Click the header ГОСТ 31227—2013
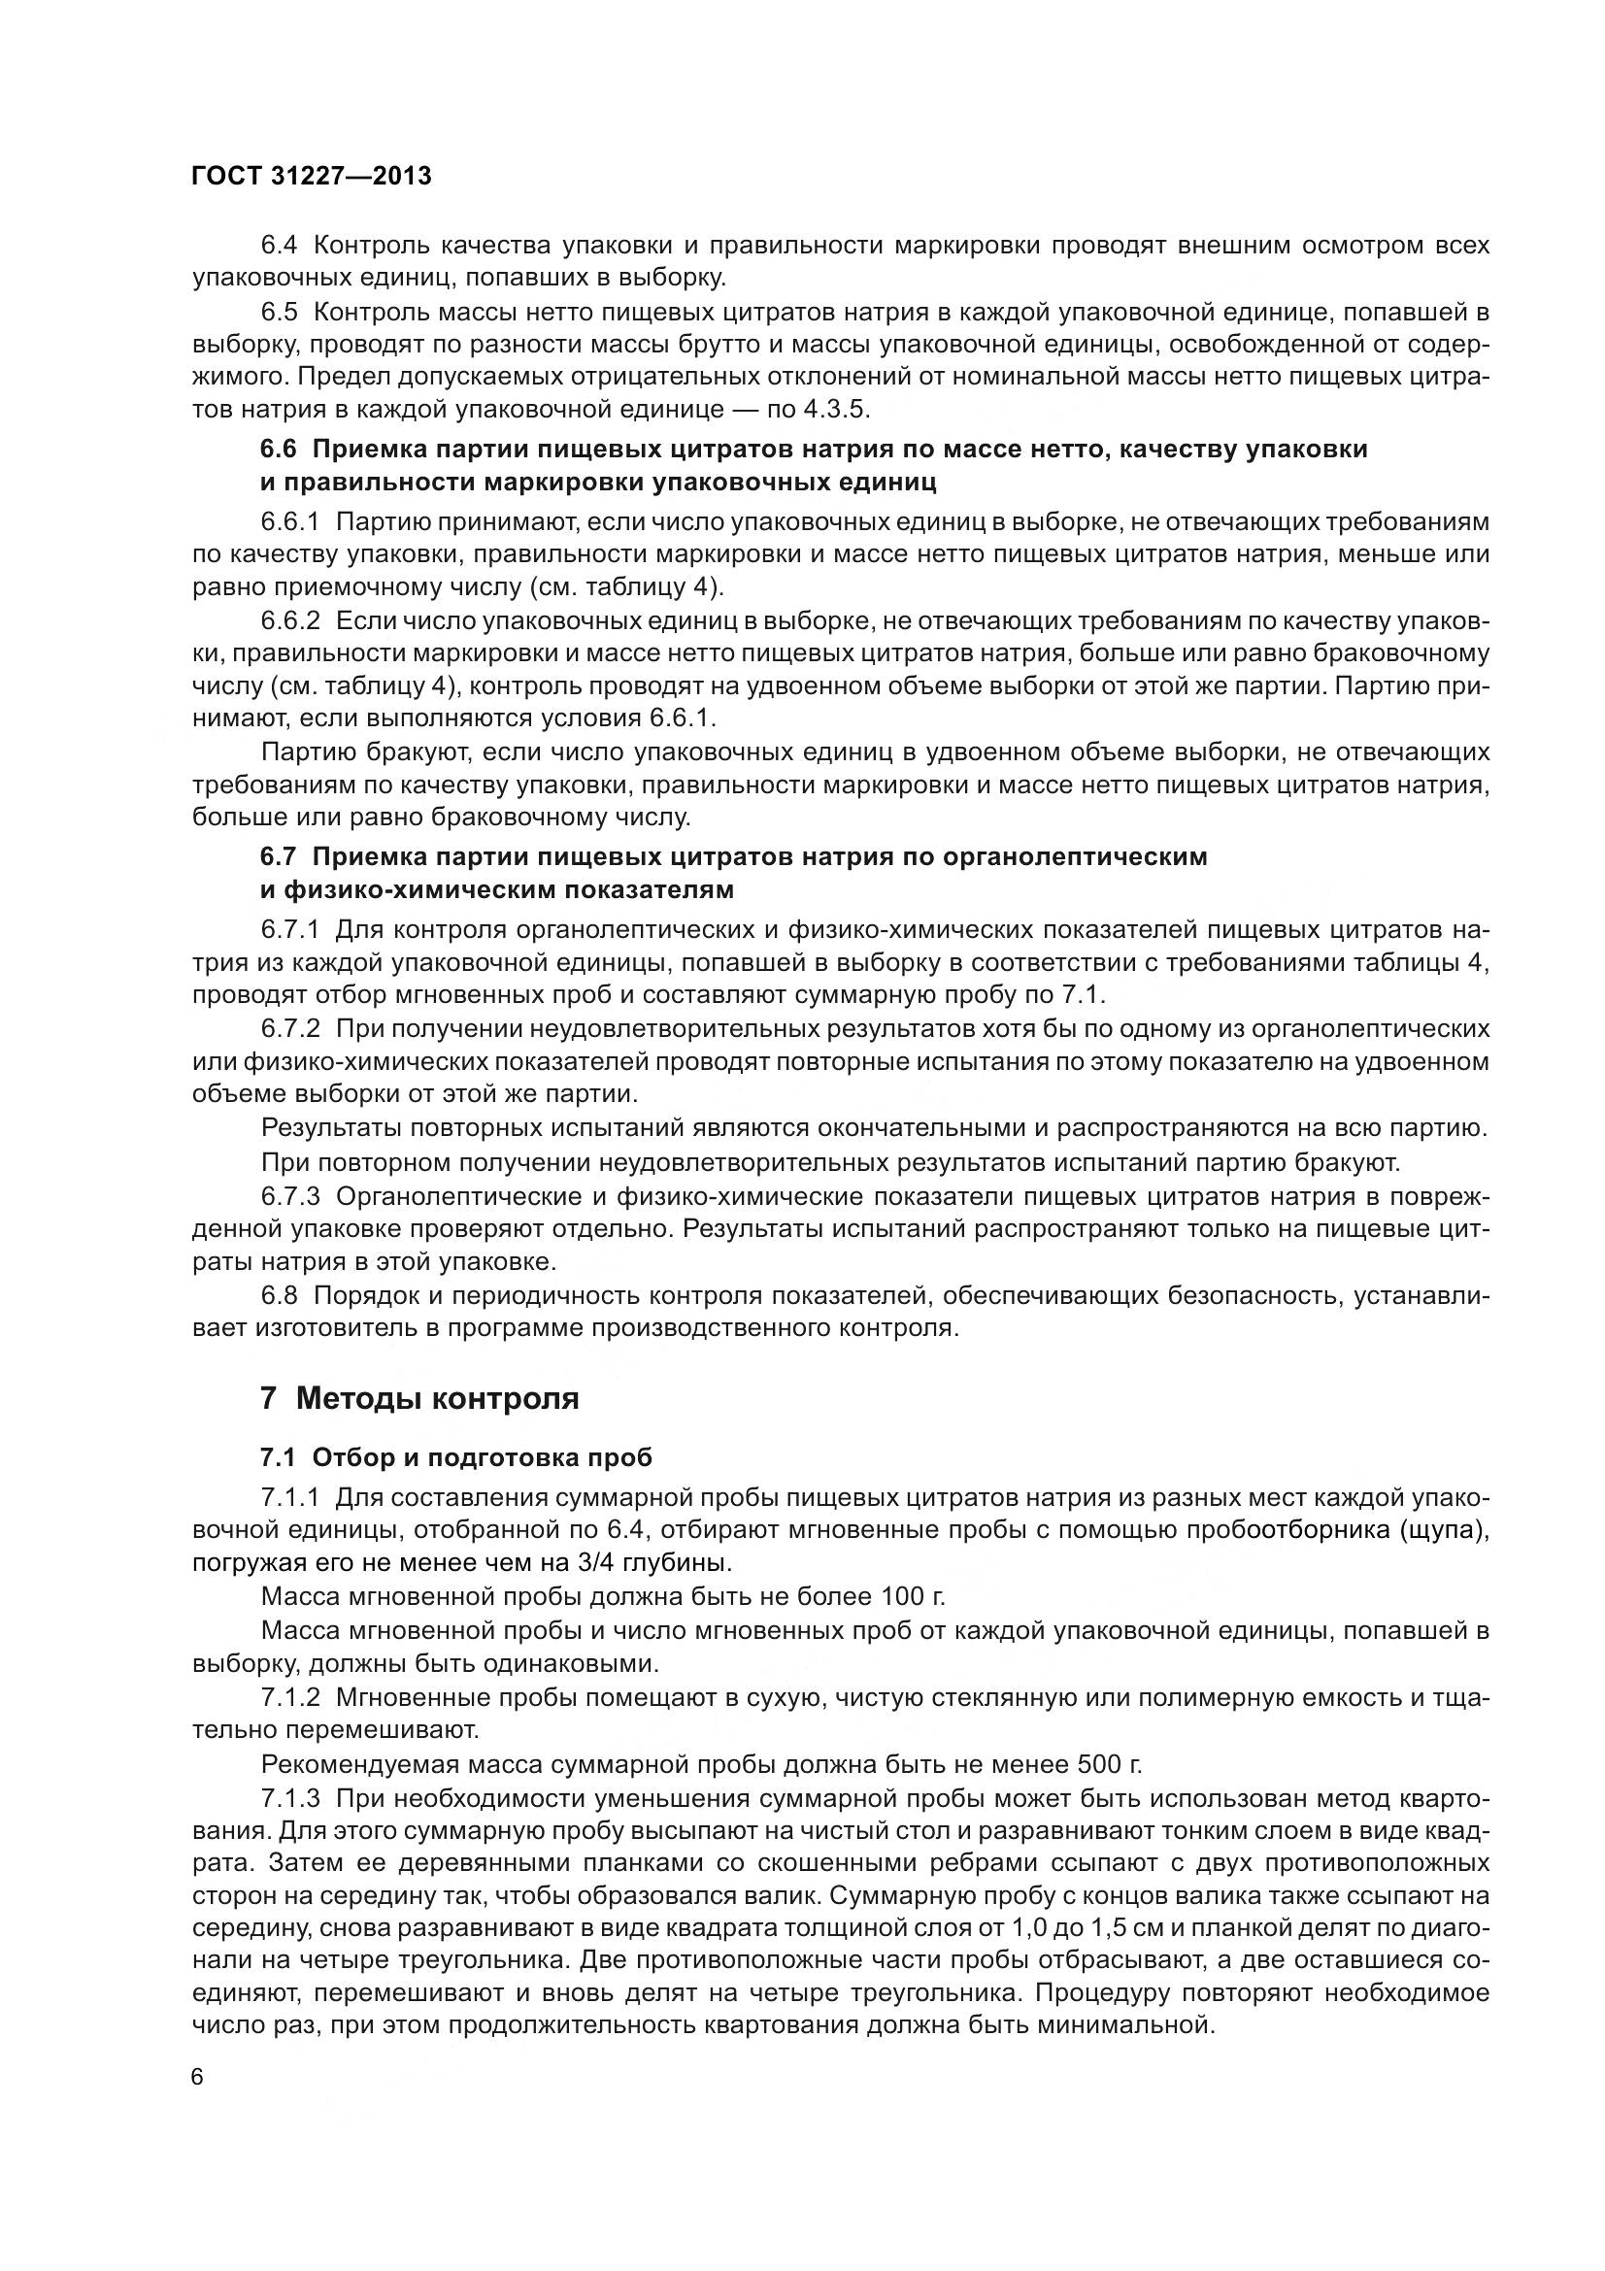tap(312, 176)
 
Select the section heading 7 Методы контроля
tap(419, 1398)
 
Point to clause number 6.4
tap(279, 246)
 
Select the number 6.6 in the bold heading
tap(278, 450)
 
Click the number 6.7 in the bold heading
tap(278, 856)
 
